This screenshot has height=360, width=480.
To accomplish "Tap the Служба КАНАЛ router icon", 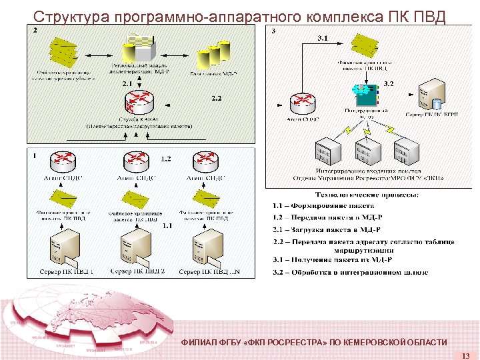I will (139, 103).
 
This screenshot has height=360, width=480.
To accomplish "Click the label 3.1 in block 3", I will (323, 38).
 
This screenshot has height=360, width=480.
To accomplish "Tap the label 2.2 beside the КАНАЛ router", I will (217, 99).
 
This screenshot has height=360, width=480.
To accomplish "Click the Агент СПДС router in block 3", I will (303, 104).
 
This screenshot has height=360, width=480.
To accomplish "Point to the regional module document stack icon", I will (139, 47).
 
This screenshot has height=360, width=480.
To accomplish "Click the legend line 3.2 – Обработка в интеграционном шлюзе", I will (350, 272).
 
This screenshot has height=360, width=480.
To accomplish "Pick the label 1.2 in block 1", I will (166, 159).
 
